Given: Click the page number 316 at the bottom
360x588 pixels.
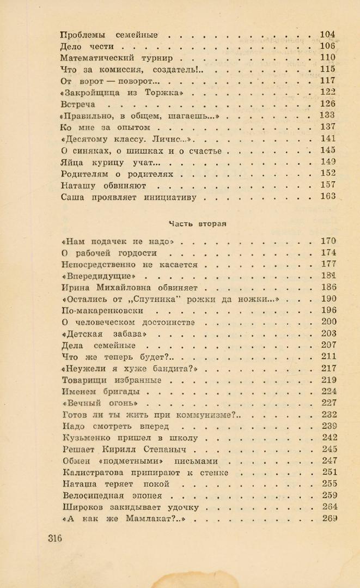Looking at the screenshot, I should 54,538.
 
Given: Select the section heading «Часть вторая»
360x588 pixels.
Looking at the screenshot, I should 197,223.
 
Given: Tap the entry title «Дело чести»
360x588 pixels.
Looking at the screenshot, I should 89,46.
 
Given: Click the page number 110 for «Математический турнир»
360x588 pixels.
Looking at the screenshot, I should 328,58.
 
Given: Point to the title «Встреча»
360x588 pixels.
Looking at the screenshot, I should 78,104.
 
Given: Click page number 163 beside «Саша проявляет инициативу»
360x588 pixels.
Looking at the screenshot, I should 328,197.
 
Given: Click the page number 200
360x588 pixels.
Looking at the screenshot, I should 329,322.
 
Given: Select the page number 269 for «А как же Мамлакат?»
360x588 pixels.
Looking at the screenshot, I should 329,518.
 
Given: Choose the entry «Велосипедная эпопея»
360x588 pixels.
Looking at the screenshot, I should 114,495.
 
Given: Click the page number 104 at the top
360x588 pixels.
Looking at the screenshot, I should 328,34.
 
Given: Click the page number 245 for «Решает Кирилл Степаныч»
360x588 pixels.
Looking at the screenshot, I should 329,449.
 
